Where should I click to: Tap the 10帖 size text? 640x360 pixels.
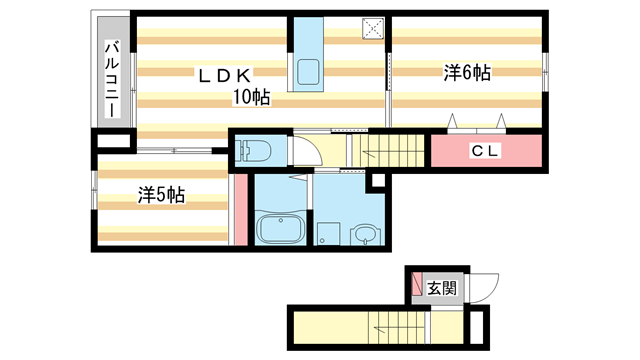pyautogui.click(x=251, y=97)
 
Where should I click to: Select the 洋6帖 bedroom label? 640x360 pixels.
pyautogui.click(x=467, y=72)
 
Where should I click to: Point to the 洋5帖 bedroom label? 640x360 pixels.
pyautogui.click(x=160, y=195)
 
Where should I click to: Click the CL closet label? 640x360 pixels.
pyautogui.click(x=486, y=151)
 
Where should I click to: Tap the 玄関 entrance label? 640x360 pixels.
pyautogui.click(x=442, y=289)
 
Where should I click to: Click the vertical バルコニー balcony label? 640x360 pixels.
pyautogui.click(x=112, y=79)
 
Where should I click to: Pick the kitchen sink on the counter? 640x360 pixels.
pyautogui.click(x=307, y=73)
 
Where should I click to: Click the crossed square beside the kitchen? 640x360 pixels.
pyautogui.click(x=373, y=27)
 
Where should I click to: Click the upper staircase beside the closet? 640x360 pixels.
pyautogui.click(x=388, y=151)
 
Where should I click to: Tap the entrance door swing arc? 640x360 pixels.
pyautogui.click(x=484, y=288)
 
